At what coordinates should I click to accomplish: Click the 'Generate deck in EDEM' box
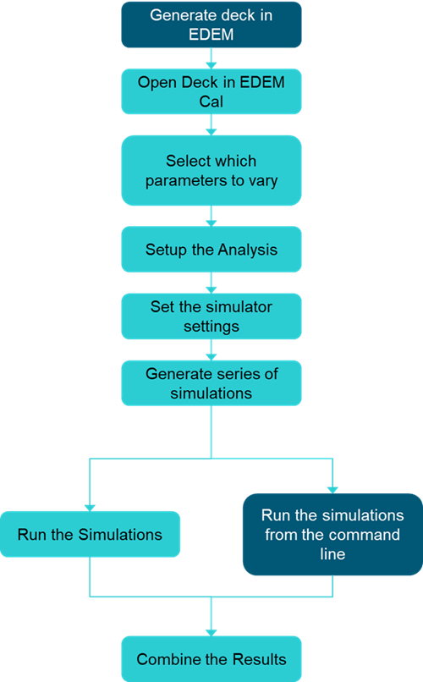click(211, 25)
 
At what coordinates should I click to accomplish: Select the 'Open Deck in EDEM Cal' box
click(211, 91)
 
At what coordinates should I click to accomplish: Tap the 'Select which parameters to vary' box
click(211, 171)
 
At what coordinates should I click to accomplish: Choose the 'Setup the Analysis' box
click(211, 250)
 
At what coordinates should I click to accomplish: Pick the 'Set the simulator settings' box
click(211, 316)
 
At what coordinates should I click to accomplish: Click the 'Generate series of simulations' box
click(211, 383)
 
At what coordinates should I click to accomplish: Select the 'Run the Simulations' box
click(90, 534)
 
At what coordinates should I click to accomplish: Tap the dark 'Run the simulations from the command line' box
click(332, 534)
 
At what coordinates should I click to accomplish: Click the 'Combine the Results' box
click(211, 659)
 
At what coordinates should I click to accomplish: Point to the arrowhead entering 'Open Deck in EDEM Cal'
click(211, 66)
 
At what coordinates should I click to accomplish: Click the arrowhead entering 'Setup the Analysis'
click(211, 223)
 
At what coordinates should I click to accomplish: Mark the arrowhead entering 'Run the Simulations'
click(90, 508)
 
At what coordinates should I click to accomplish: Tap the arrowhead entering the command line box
click(332, 490)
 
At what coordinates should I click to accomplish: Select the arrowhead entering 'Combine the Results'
click(211, 633)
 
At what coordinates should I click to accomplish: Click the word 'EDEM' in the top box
click(211, 35)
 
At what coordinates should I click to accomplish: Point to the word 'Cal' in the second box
click(211, 102)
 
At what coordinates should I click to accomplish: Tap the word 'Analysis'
click(247, 250)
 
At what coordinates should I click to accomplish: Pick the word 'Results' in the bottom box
click(260, 659)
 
